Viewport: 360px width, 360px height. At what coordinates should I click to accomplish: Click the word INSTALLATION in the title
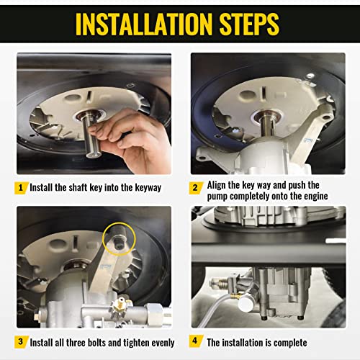tap(144, 24)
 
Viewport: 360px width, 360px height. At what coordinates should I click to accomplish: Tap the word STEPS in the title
tap(249, 24)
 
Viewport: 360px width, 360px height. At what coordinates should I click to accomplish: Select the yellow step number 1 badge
tap(21, 188)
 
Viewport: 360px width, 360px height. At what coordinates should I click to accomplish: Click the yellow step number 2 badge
tap(196, 188)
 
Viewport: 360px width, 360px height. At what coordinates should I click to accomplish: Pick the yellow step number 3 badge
tap(21, 342)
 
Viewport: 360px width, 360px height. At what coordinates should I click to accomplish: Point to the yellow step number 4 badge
tap(196, 341)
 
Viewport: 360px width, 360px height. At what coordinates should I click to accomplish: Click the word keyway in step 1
tap(148, 188)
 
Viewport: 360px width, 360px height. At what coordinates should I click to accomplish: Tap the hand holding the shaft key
tap(133, 142)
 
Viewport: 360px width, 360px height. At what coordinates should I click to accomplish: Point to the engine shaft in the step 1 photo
tap(91, 135)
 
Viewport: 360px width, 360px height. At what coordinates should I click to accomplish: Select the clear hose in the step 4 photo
tap(216, 311)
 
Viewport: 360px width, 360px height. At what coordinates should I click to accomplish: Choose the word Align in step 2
tap(217, 185)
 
